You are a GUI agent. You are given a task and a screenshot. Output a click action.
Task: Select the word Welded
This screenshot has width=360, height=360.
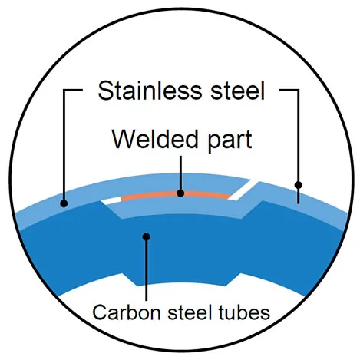tap(147, 140)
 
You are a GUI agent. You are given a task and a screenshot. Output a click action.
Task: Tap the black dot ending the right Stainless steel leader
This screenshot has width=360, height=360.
tap(299, 185)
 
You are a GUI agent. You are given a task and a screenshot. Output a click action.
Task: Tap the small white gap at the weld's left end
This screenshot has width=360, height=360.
tap(112, 201)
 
